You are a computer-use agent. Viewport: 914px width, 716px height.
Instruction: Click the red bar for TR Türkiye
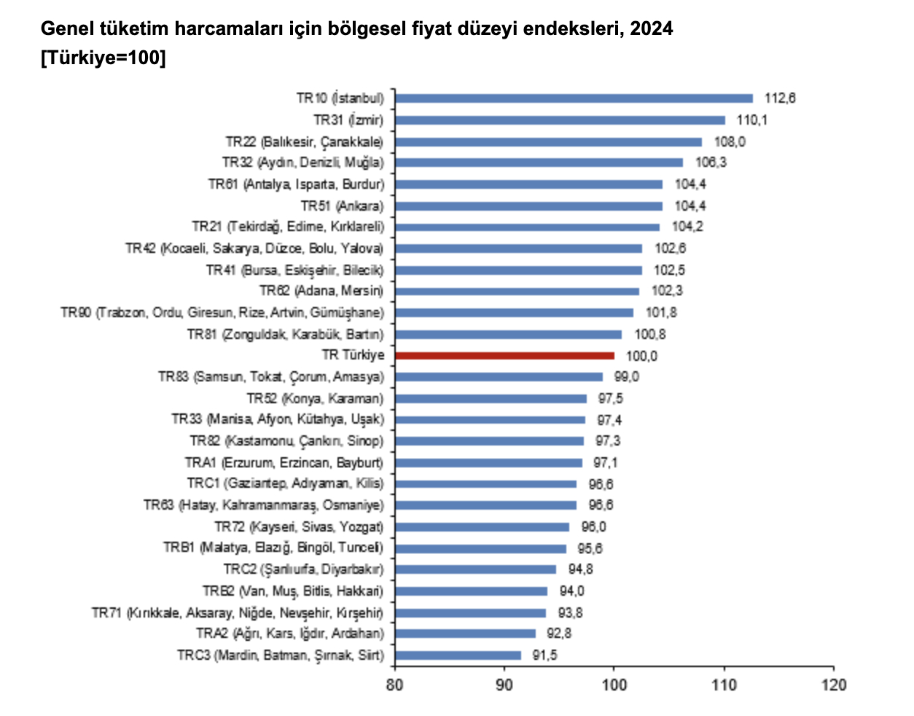click(504, 356)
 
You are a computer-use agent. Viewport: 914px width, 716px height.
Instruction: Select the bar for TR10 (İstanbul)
click(574, 98)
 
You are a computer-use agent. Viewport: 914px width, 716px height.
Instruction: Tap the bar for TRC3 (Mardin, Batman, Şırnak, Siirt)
click(458, 655)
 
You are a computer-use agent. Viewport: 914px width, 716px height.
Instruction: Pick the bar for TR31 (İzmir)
click(560, 120)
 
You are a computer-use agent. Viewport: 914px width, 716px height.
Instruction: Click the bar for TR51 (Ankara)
click(528, 206)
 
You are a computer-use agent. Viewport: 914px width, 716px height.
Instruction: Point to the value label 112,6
click(779, 98)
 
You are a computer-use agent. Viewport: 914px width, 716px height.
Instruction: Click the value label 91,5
click(544, 655)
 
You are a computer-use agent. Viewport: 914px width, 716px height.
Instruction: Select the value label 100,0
click(641, 356)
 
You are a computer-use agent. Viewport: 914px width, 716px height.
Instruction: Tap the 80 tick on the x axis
click(394, 685)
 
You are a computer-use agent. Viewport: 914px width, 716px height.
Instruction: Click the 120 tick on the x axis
click(833, 685)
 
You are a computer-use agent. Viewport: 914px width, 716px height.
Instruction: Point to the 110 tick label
click(724, 685)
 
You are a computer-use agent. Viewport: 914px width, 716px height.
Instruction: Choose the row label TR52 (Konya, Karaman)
click(315, 398)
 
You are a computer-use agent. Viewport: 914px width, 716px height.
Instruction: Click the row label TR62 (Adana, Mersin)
click(321, 291)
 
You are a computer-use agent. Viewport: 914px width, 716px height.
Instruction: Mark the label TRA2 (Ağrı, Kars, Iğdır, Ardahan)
click(289, 633)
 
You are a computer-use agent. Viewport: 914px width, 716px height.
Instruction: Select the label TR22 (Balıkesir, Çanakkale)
click(304, 141)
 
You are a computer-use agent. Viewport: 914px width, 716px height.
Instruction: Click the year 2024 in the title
click(652, 28)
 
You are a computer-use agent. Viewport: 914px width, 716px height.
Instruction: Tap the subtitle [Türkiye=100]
click(103, 58)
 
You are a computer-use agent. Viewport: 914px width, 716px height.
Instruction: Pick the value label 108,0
click(730, 141)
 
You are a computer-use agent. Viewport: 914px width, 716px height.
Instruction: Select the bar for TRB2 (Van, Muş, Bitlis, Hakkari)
click(471, 591)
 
